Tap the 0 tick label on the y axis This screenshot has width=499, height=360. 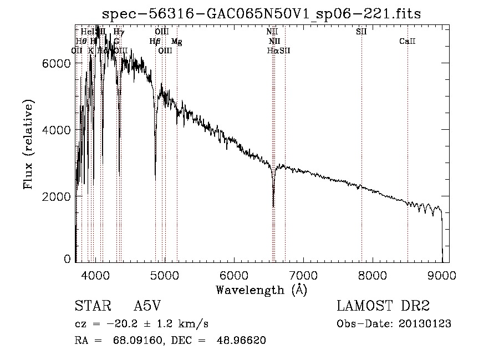[x=68, y=259]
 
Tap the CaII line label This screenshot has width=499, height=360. [x=408, y=42]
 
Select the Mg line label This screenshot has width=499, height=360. [x=176, y=42]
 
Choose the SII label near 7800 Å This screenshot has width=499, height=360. [x=361, y=32]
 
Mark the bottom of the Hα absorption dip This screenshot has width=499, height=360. [x=273, y=206]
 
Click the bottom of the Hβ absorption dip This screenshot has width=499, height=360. [x=155, y=175]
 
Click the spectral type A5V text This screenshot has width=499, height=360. [x=148, y=306]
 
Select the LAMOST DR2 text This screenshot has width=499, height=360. [x=383, y=306]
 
